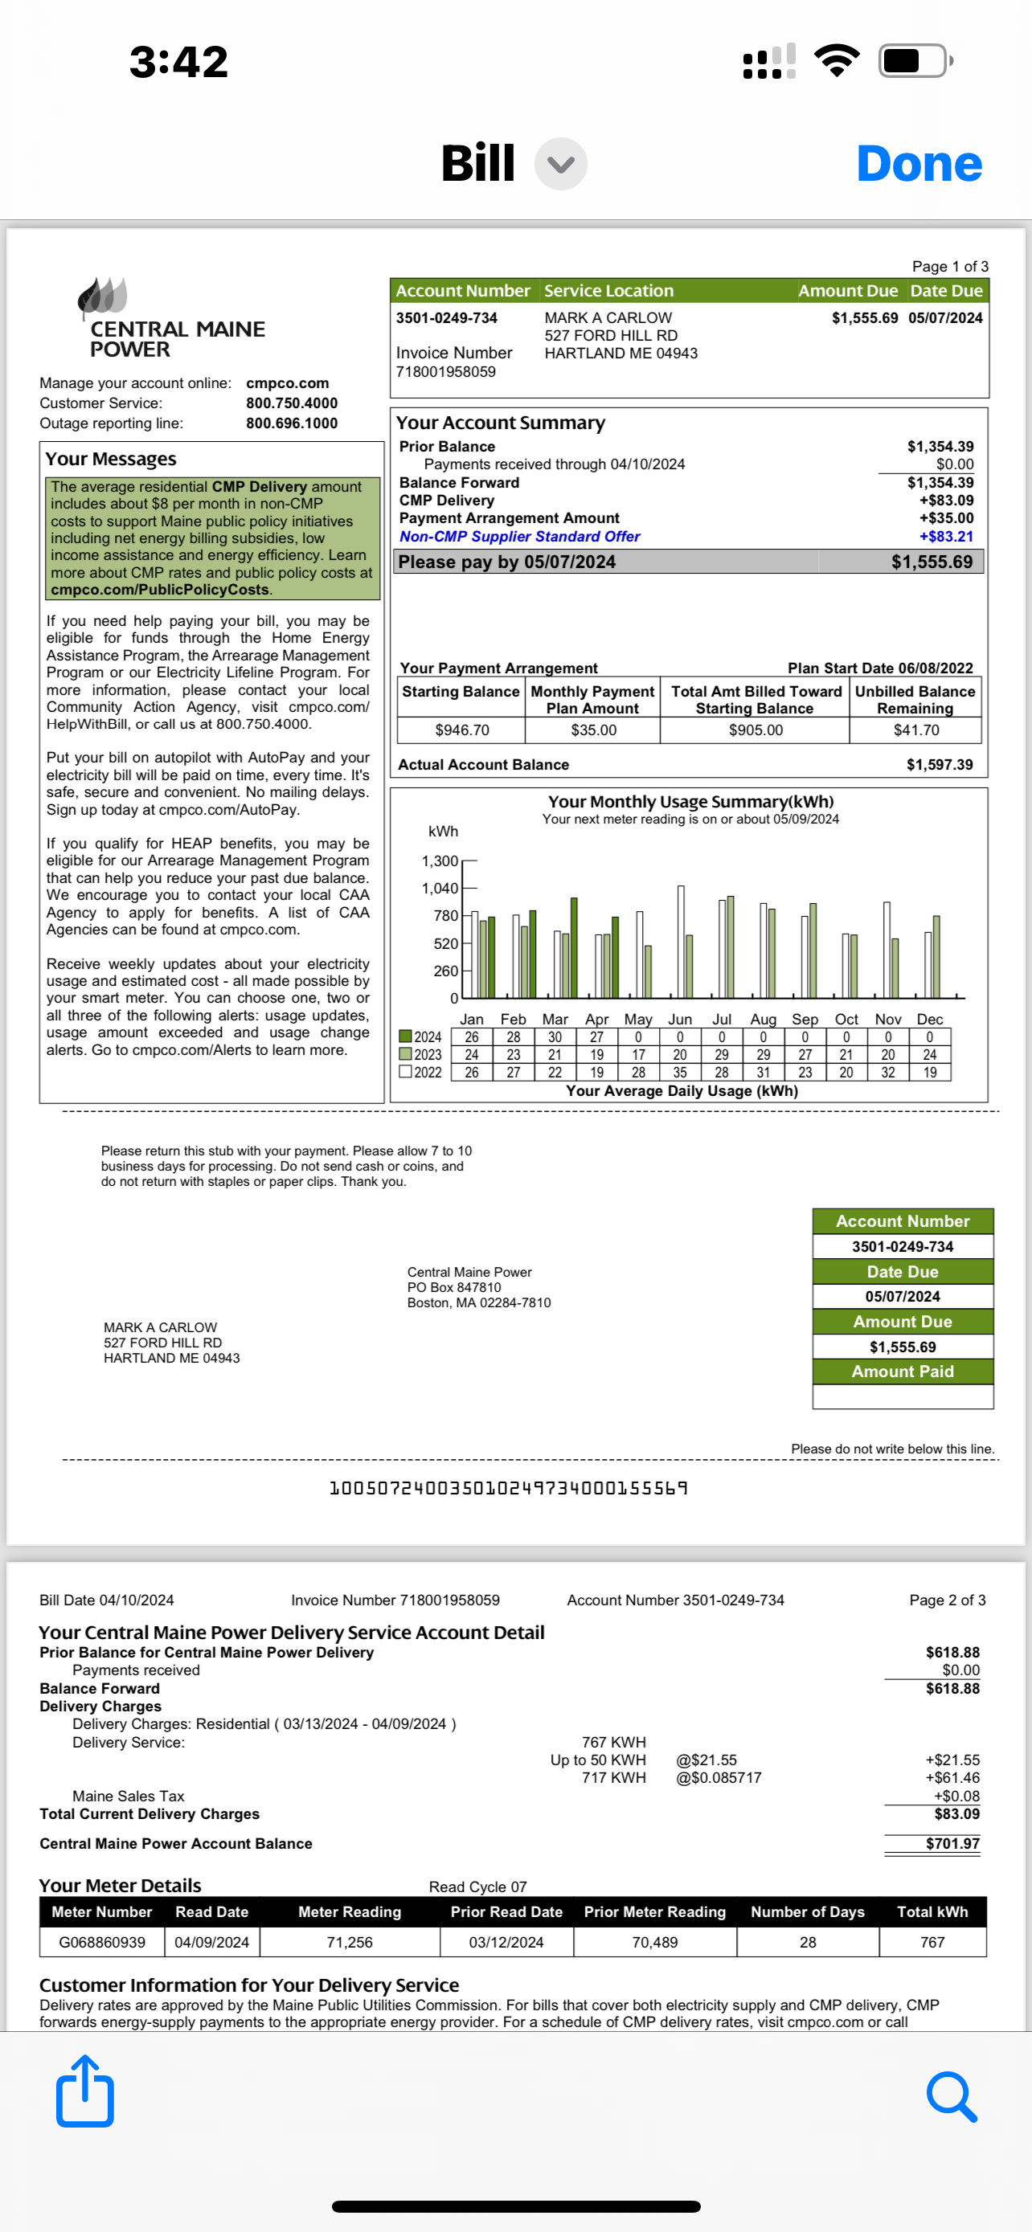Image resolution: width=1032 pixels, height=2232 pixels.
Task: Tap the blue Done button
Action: coord(919,164)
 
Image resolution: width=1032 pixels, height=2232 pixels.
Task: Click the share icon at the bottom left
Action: coord(85,2091)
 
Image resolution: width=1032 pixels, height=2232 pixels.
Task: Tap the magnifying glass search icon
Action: coord(951,2096)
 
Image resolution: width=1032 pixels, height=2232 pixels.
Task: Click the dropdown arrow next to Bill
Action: coord(561,164)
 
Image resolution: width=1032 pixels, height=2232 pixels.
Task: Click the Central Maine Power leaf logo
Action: coord(102,296)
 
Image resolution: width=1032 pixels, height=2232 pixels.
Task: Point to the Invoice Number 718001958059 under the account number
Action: coord(445,372)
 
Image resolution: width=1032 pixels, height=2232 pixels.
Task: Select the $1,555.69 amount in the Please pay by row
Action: coord(932,562)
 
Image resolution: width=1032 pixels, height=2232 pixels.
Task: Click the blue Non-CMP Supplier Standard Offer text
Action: coord(519,537)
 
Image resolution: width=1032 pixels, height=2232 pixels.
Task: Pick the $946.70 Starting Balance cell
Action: coord(462,730)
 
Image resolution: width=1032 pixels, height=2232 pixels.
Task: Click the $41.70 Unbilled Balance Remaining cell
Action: coord(916,730)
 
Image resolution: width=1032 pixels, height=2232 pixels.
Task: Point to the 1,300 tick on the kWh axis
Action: coord(440,861)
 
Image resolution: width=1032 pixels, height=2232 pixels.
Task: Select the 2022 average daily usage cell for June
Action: coord(680,1073)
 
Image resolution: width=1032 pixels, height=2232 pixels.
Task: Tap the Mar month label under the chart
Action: coord(555,1020)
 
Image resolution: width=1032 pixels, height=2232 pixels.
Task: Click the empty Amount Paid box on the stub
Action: coord(902,1396)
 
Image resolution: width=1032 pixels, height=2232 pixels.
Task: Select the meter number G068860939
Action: coord(102,1943)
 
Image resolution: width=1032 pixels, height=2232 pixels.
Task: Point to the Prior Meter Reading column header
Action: coord(654,1912)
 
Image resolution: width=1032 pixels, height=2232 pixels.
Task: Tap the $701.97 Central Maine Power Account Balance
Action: coord(952,1844)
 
